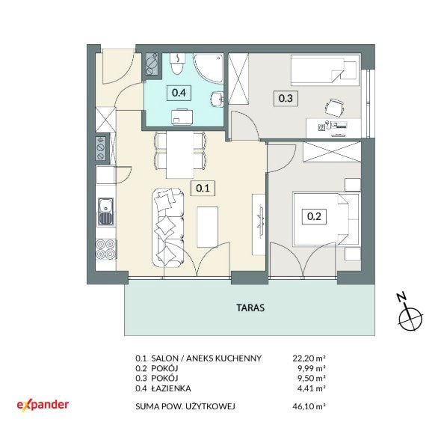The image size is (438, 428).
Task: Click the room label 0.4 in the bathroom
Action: tap(179, 93)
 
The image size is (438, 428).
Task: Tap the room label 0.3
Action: tap(286, 99)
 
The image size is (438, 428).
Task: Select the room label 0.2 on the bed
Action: tap(314, 216)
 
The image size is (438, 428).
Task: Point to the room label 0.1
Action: tap(203, 188)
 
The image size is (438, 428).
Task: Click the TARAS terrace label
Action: tap(250, 308)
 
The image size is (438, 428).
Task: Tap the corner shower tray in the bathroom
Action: tap(209, 69)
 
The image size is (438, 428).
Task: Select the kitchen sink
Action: tap(106, 212)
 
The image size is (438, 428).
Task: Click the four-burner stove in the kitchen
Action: tap(106, 249)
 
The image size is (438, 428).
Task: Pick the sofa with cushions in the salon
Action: tap(168, 227)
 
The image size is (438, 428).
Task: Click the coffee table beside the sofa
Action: tap(208, 227)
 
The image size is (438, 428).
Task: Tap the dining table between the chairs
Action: tap(180, 155)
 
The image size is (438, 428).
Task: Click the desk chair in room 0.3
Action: tap(334, 108)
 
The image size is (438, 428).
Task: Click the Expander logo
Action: tap(43, 405)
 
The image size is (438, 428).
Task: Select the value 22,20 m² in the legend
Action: tap(309, 358)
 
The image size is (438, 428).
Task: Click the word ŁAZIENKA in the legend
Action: tap(171, 388)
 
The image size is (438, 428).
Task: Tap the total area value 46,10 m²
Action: tap(309, 406)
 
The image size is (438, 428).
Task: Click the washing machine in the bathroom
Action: tap(182, 117)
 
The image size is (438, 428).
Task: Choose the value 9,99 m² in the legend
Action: tap(312, 368)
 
